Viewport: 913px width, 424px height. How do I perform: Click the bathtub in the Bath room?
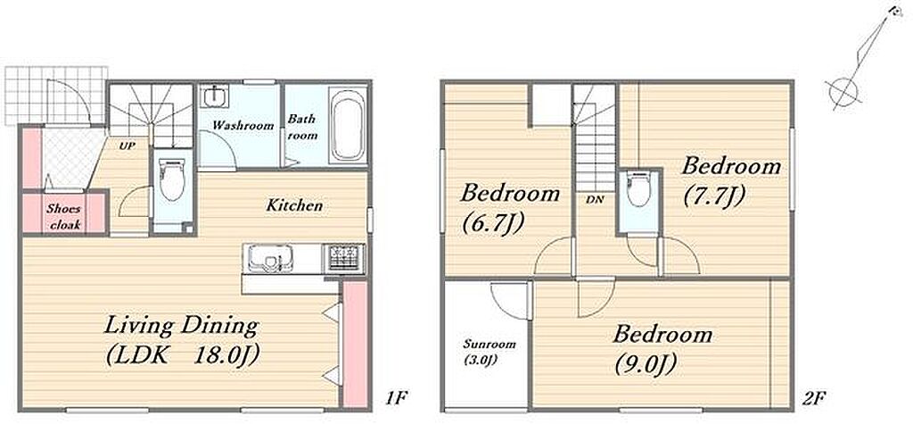pos(348,125)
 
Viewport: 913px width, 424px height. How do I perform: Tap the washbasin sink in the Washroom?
pos(214,96)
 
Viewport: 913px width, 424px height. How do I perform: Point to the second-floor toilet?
pos(638,189)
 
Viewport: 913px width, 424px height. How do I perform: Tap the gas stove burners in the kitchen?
pos(345,257)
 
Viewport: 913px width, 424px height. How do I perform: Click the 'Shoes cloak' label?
pos(64,216)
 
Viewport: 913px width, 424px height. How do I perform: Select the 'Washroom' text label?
pos(243,125)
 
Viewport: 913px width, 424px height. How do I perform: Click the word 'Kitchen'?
pos(294,205)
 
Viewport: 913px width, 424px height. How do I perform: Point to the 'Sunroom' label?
pos(489,344)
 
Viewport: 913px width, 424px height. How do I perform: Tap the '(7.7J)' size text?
pos(713,196)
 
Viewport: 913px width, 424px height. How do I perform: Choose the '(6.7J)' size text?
pos(494,222)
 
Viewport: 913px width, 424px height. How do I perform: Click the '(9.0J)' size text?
pos(645,364)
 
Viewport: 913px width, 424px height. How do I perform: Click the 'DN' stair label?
pos(595,199)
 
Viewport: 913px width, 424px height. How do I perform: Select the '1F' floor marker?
pos(396,398)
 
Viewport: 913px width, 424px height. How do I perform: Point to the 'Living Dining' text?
pos(180,326)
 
